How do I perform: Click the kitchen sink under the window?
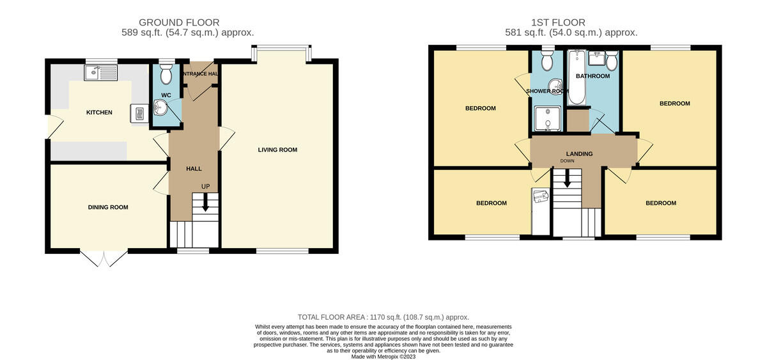pyautogui.click(x=100, y=73)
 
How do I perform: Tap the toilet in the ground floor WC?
pyautogui.click(x=166, y=74)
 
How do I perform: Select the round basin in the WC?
pyautogui.click(x=160, y=107)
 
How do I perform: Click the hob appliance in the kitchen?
pyautogui.click(x=139, y=113)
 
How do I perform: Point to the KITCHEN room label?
pyautogui.click(x=99, y=113)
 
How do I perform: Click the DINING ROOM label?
pyautogui.click(x=108, y=207)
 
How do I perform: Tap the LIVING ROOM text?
pyautogui.click(x=277, y=150)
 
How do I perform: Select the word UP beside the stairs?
pyautogui.click(x=205, y=187)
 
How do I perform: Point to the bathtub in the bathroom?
pyautogui.click(x=577, y=77)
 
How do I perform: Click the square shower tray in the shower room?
pyautogui.click(x=548, y=119)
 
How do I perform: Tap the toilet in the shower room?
pyautogui.click(x=547, y=61)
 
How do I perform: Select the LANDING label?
pyautogui.click(x=579, y=154)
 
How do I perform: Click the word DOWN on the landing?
pyautogui.click(x=568, y=161)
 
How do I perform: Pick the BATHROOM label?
pyautogui.click(x=593, y=76)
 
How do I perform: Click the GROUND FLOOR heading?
pyautogui.click(x=179, y=22)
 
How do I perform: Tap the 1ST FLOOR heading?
pyautogui.click(x=558, y=22)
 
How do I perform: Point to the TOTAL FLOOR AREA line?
pyautogui.click(x=383, y=317)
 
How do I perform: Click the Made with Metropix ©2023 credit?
pyautogui.click(x=383, y=357)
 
